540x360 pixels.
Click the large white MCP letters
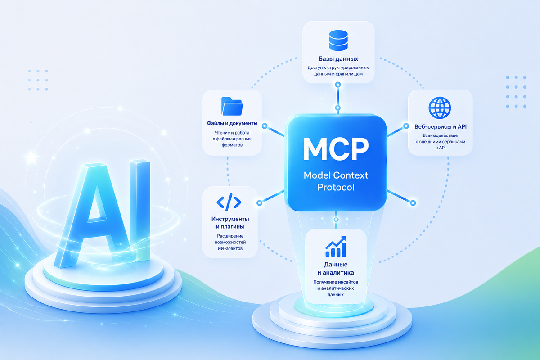click(x=336, y=149)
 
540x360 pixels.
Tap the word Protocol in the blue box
click(x=336, y=187)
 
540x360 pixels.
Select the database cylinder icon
click(x=338, y=40)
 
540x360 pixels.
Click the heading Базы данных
click(x=338, y=59)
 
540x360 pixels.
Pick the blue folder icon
click(x=232, y=106)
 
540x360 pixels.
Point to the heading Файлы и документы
click(x=232, y=123)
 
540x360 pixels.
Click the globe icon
click(x=440, y=108)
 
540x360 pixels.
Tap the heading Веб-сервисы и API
click(x=441, y=126)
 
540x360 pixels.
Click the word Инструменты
click(x=230, y=219)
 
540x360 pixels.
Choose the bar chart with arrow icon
click(x=336, y=246)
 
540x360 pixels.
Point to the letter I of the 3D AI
click(x=140, y=210)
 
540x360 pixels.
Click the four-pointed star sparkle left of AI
click(x=31, y=157)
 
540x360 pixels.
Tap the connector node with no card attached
click(x=413, y=203)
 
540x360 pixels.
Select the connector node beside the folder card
click(x=265, y=126)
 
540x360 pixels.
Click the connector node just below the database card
click(x=338, y=85)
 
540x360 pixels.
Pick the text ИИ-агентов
click(x=230, y=248)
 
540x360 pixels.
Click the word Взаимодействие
click(x=440, y=135)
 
